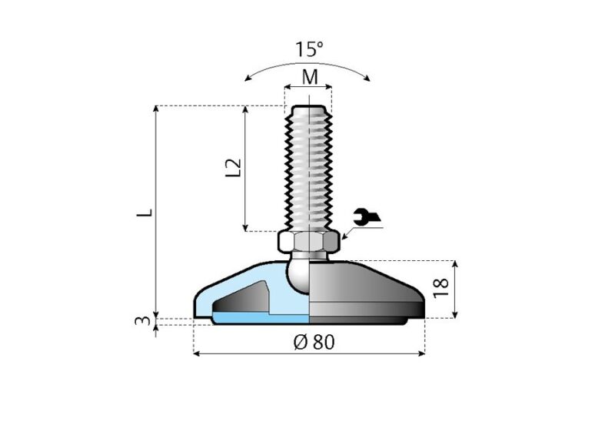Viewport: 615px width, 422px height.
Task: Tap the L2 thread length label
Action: (x=235, y=169)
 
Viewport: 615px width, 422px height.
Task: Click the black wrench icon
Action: (x=367, y=219)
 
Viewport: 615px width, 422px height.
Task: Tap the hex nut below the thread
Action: (x=308, y=243)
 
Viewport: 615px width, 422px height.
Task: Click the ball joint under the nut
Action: (x=300, y=273)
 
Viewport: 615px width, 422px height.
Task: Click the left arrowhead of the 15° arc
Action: (x=247, y=77)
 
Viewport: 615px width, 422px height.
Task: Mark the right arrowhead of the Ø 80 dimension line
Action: (x=421, y=353)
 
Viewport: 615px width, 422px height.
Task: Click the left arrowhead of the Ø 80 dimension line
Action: (x=196, y=353)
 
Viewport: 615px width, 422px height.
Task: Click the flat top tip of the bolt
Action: (x=308, y=107)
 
